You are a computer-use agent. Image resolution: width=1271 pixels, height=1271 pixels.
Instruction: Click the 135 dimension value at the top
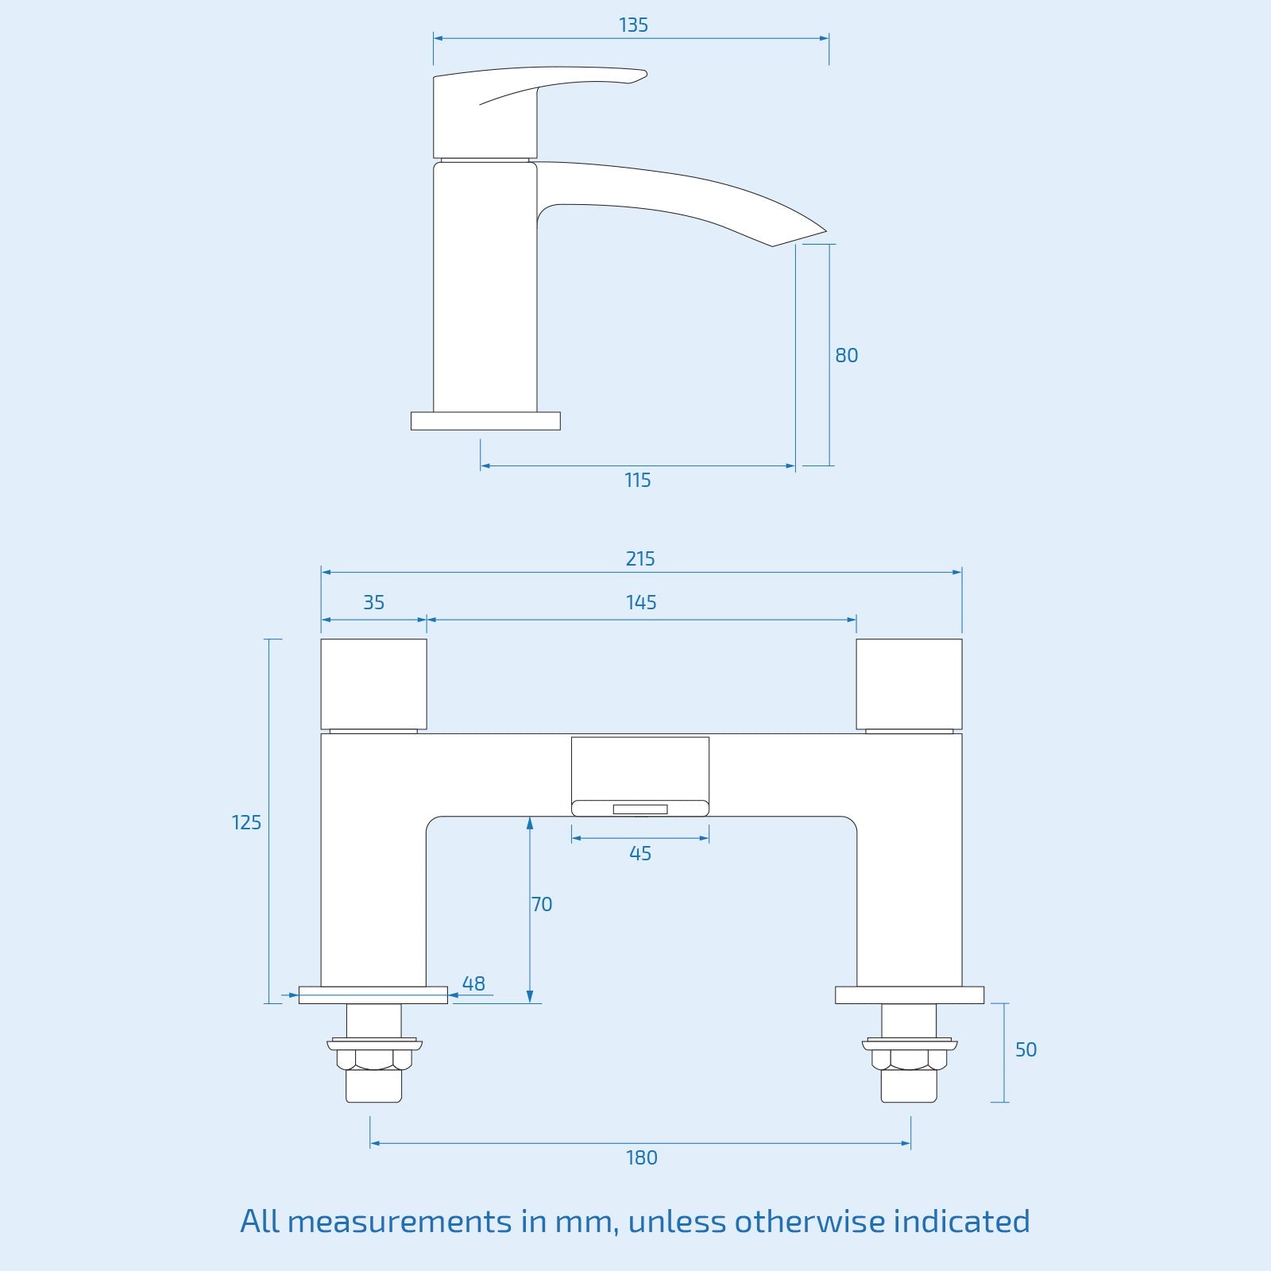[x=633, y=25]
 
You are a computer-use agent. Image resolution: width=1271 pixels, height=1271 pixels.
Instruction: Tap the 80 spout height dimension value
[x=846, y=355]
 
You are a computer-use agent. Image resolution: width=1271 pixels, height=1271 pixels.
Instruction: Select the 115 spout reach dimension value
[x=637, y=480]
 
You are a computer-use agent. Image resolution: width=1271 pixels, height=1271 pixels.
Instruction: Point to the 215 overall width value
[x=639, y=558]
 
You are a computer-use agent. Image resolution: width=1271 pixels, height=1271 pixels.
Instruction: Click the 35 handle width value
[x=373, y=602]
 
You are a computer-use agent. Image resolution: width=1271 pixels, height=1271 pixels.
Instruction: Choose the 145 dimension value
[x=640, y=602]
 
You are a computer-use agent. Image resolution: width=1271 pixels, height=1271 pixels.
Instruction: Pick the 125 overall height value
[x=246, y=822]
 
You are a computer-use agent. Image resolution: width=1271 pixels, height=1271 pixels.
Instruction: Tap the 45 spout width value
[x=639, y=853]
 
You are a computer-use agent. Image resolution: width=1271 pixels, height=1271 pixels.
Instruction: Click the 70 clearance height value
[x=542, y=904]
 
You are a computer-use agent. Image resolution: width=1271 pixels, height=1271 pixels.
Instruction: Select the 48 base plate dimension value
[x=473, y=983]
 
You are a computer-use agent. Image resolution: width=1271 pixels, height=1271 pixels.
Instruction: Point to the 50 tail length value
[x=1026, y=1049]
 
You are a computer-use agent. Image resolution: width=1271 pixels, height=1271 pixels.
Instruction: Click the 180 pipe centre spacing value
[x=641, y=1157]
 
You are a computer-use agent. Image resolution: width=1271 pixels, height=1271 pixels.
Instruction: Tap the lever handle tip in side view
[x=640, y=75]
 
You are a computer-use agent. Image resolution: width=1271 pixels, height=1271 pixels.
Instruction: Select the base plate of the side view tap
[x=485, y=421]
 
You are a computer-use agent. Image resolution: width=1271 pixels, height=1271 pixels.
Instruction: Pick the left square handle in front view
[x=373, y=683]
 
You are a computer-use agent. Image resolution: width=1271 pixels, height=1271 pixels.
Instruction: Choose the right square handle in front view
[x=909, y=683]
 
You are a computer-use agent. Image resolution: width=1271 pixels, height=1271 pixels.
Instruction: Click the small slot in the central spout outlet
[x=639, y=809]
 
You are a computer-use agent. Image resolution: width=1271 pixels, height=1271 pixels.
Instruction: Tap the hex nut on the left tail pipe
[x=373, y=1059]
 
